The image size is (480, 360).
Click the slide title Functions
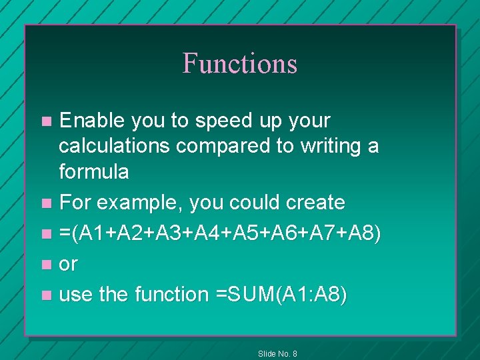point(240,63)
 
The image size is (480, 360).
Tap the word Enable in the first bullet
point(93,121)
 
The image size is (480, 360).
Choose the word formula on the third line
point(94,171)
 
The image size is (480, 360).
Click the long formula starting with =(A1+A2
point(220,233)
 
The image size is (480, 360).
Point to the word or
point(68,264)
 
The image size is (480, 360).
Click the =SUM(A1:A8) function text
point(280,294)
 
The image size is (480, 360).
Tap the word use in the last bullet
point(76,295)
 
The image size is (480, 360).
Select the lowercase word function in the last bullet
point(171,294)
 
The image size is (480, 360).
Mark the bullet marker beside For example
point(46,203)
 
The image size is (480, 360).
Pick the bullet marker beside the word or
point(46,264)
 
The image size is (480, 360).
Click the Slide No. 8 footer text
point(277,353)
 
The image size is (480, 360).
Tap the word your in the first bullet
point(307,121)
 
